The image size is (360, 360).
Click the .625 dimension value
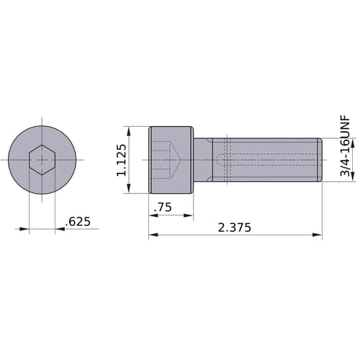pos(77,222)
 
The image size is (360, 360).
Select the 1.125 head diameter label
pos(122,160)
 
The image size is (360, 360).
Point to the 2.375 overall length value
pos(235,228)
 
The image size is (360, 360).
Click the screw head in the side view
pos(171,159)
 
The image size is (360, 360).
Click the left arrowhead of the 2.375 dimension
pos(153,235)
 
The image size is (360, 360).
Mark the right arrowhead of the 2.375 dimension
pos(317,235)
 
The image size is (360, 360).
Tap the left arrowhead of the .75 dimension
pos(153,215)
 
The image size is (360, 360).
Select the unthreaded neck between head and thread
pos(203,159)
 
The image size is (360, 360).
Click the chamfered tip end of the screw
pos(319,159)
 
